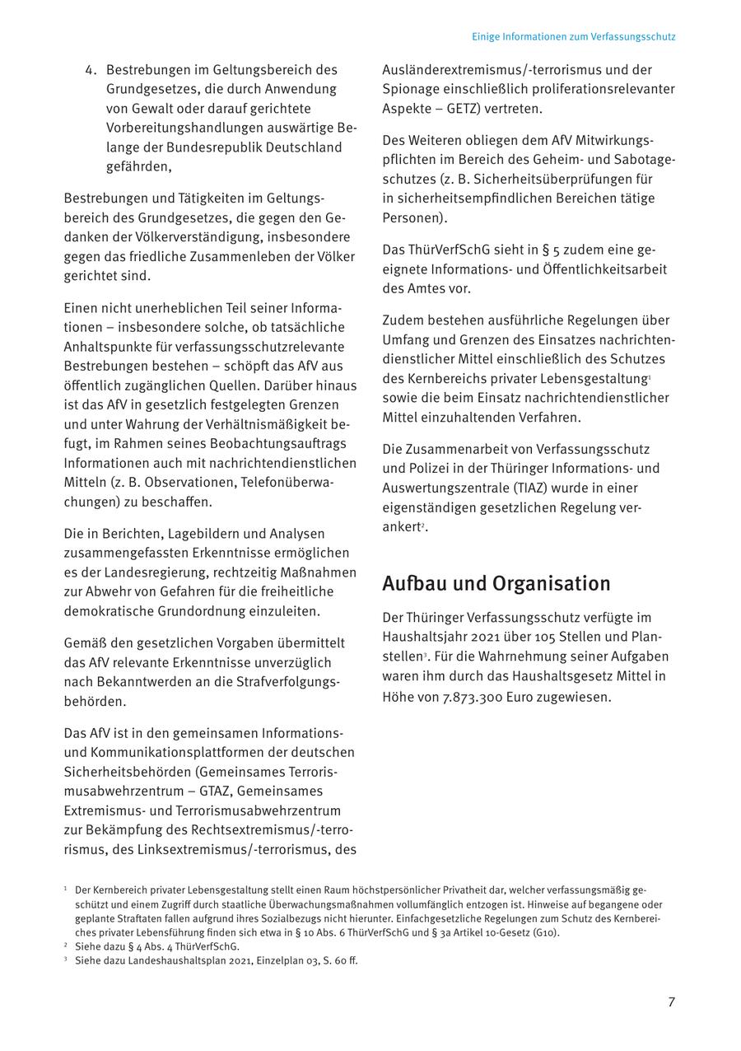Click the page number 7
pyautogui.click(x=671, y=1002)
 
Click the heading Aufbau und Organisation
pyautogui.click(x=496, y=583)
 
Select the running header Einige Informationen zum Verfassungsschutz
pyautogui.click(x=573, y=37)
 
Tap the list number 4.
pyautogui.click(x=91, y=70)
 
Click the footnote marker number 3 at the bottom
pyautogui.click(x=65, y=960)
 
